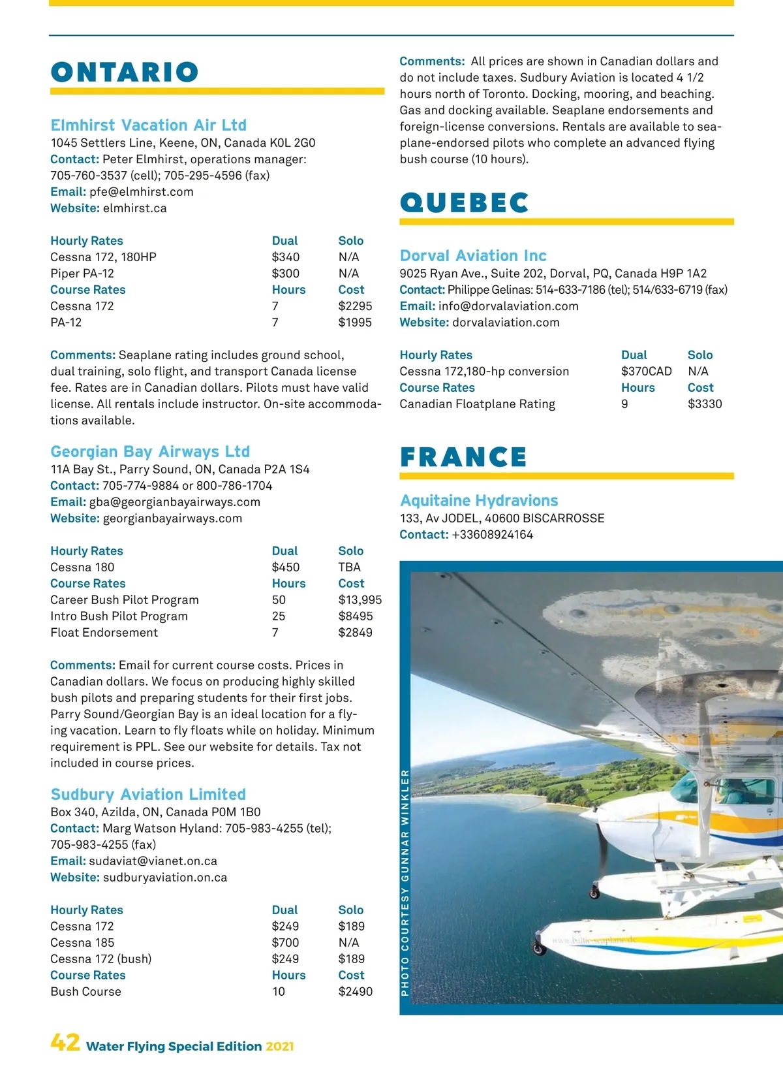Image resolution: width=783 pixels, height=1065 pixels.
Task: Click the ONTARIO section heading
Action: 125,72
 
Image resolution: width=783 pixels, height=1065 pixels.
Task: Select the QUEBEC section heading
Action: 464,203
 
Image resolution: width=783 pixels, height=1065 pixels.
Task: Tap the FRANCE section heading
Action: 463,457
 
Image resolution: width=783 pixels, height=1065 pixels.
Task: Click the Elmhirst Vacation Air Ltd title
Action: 149,125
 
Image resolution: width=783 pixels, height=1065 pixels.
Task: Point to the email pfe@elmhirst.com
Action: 141,192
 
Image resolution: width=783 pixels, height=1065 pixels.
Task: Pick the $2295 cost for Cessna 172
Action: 355,306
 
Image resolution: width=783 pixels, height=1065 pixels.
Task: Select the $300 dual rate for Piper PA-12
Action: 286,274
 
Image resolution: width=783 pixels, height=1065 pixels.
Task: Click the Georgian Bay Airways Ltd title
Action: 150,451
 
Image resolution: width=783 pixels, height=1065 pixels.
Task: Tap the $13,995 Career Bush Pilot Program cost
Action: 360,600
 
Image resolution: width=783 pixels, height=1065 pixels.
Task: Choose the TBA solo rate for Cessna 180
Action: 349,567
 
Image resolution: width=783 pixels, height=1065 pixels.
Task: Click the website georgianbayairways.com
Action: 172,518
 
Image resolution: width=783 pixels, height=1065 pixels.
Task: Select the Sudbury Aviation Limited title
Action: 148,794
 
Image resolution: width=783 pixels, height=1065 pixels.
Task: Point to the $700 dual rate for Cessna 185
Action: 286,943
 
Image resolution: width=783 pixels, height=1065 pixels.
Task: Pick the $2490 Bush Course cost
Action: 355,992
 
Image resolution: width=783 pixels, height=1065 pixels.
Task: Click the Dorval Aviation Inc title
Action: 473,255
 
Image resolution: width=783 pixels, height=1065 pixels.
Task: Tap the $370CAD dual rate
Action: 646,372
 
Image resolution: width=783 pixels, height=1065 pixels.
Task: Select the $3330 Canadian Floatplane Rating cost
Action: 705,404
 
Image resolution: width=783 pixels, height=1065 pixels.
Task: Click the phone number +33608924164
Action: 492,535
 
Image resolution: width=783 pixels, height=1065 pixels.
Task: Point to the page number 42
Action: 65,1042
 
